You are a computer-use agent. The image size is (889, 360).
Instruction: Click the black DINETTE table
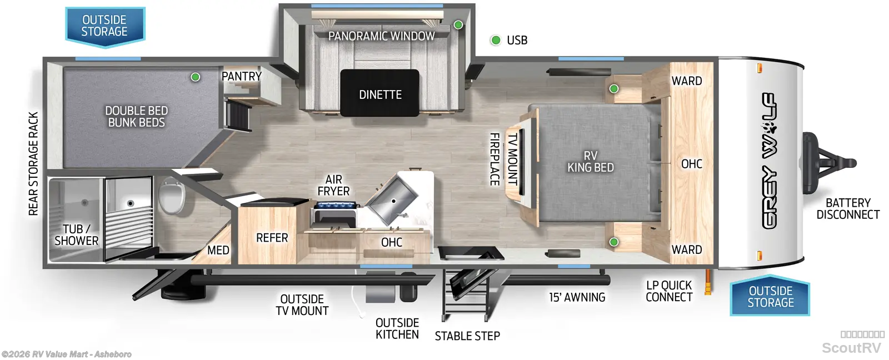tap(380, 93)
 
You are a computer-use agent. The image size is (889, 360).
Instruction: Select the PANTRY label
tap(241, 76)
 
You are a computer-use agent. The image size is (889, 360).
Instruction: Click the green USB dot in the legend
tap(495, 40)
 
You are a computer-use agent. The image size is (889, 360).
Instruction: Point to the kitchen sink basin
tap(391, 201)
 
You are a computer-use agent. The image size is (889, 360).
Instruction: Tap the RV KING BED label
tap(591, 162)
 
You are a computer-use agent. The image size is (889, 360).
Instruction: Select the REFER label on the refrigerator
tap(272, 238)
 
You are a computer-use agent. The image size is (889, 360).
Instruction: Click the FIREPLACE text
tap(494, 159)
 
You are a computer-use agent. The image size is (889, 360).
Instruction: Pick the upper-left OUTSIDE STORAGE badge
tap(105, 27)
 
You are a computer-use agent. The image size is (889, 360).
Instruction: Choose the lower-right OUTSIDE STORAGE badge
tap(770, 296)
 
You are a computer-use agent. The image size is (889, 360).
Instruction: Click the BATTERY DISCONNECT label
tap(848, 209)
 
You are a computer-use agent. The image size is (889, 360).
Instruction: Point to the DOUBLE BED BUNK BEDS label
tap(136, 117)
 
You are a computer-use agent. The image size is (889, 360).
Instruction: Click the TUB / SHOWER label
tap(76, 235)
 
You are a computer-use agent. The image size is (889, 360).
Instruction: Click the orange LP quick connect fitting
tap(708, 282)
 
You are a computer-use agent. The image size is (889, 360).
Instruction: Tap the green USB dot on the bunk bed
tap(195, 77)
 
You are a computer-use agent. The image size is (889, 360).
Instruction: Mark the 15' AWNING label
tap(577, 297)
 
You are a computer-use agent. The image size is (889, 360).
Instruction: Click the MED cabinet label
tap(218, 250)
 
